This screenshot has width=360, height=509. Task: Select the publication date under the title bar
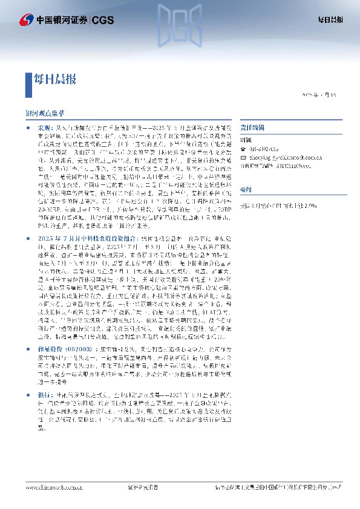(322, 96)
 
